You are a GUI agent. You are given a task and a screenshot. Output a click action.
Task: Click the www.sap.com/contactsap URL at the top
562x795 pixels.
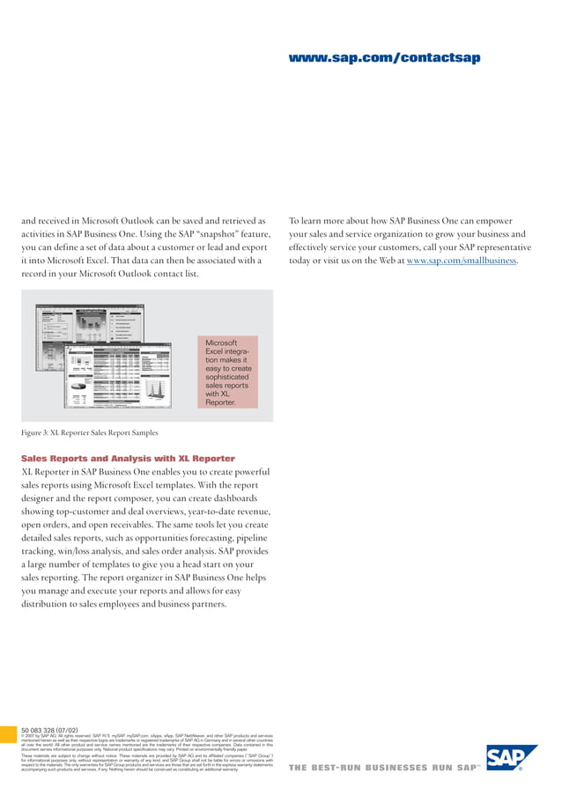click(x=384, y=58)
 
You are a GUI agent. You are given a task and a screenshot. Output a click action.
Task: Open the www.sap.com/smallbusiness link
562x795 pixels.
click(x=462, y=260)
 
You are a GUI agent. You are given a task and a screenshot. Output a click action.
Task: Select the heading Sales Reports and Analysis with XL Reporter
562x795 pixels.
click(x=128, y=459)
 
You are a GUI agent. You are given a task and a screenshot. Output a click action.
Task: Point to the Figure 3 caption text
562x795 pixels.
click(x=89, y=432)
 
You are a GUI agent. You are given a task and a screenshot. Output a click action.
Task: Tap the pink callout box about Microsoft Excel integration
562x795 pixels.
click(x=228, y=372)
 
